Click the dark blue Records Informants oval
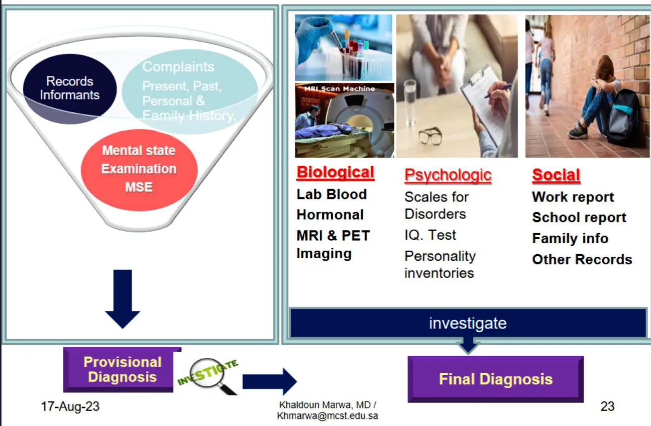70,88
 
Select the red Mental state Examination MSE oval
139,169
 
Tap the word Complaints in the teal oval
178,67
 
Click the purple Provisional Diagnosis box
122,370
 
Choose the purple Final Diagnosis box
495,379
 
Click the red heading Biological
335,172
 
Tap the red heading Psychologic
448,175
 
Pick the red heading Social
556,175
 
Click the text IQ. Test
430,235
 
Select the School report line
579,218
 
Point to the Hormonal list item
330,215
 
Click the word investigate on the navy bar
468,323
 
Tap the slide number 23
607,406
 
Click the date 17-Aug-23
70,406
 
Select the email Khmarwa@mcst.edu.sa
328,416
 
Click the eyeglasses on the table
429,135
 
